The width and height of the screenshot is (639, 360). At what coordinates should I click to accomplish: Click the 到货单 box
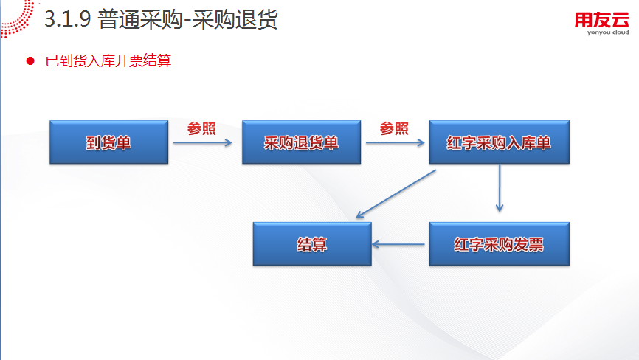click(108, 142)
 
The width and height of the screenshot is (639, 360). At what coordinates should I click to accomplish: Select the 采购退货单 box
click(302, 142)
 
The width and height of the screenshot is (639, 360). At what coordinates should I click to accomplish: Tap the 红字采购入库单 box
click(500, 142)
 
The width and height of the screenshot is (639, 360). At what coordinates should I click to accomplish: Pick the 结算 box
click(312, 244)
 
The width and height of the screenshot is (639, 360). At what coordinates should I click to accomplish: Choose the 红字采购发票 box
click(500, 244)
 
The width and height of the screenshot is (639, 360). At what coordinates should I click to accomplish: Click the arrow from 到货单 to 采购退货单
click(202, 142)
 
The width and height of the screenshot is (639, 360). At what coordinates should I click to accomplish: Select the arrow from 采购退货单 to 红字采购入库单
click(396, 142)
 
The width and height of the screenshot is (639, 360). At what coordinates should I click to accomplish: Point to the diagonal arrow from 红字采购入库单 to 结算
click(396, 194)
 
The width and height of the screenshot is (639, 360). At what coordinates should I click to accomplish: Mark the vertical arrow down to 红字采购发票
click(500, 187)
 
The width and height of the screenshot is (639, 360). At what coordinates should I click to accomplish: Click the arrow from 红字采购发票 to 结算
click(398, 244)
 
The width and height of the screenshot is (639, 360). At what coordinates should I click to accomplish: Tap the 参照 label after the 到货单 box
click(201, 128)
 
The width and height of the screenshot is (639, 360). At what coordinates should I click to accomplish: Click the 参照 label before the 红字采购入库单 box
click(394, 128)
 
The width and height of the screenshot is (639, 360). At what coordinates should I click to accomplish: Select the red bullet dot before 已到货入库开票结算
click(30, 61)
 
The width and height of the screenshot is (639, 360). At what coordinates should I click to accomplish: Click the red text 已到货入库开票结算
click(108, 60)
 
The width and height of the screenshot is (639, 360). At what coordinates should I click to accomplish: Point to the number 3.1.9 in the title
click(67, 18)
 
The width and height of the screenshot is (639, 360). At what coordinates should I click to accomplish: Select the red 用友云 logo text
click(602, 20)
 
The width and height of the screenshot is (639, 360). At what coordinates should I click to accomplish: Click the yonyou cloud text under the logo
click(608, 32)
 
